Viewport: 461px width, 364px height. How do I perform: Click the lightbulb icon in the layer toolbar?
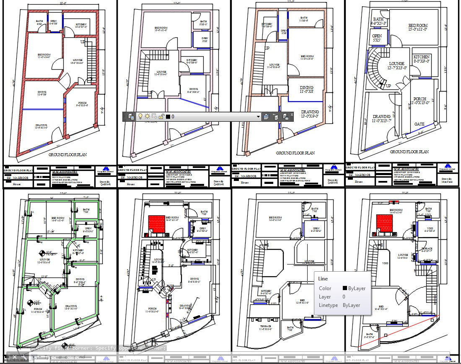tap(140, 117)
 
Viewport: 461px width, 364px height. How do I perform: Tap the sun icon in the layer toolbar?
tap(148, 117)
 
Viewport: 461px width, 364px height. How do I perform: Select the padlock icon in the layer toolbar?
tap(161, 117)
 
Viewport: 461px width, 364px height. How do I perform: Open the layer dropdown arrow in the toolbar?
tap(259, 117)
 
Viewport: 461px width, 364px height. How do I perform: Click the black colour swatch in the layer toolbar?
tap(168, 117)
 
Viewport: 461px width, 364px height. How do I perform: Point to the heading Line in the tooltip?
tap(323, 279)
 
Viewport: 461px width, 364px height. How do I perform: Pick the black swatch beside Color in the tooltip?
tap(345, 288)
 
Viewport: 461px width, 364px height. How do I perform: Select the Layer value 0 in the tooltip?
tap(344, 297)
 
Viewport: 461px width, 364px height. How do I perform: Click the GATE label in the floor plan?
tap(420, 124)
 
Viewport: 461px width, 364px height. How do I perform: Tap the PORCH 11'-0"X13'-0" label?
tap(420, 101)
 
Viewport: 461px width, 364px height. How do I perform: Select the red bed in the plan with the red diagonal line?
tap(385, 223)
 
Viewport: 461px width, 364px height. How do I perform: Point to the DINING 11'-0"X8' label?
tap(306, 90)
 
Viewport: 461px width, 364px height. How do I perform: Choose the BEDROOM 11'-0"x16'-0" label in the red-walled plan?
tap(44, 56)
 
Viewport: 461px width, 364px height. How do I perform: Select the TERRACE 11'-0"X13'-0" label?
tap(265, 328)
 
